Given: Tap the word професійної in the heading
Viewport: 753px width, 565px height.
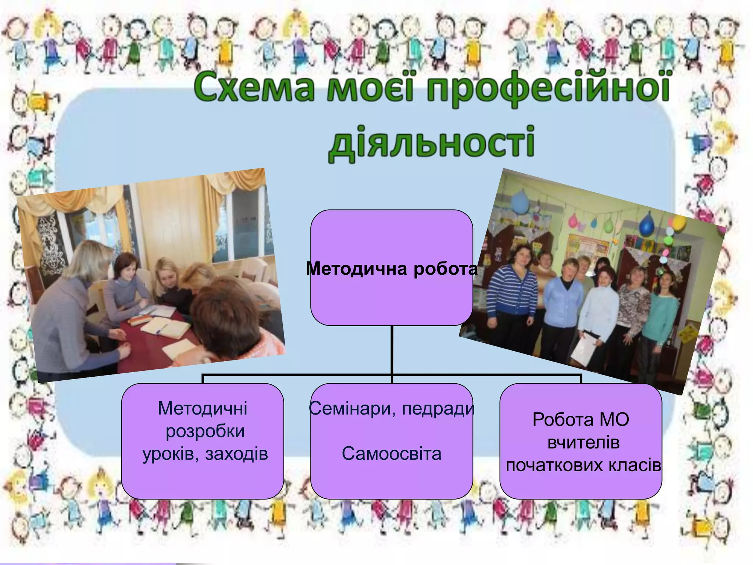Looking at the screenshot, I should click(547, 88).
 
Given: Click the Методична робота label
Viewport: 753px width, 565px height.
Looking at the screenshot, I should click(392, 269).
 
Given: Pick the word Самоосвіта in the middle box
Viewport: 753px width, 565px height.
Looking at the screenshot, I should click(392, 454).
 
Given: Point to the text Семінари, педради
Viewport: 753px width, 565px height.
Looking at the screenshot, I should click(392, 408).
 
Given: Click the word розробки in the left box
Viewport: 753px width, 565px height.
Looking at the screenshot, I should click(205, 431).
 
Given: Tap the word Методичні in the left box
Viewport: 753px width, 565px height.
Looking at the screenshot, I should click(203, 408).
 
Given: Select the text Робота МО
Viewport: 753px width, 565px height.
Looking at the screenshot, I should click(581, 419).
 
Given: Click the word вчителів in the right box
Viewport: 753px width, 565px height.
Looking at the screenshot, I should click(583, 442).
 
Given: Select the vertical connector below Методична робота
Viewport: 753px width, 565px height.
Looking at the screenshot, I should click(392, 349).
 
